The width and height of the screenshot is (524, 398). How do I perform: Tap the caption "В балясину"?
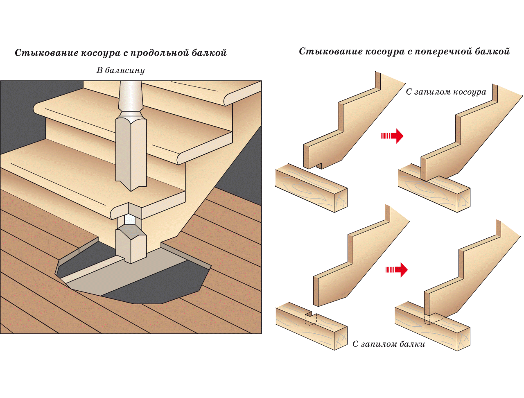tap(120, 70)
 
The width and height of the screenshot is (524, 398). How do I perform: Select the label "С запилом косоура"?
tap(446, 92)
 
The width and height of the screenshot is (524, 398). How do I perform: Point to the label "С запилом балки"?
tap(388, 344)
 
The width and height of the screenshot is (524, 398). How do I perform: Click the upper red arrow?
tap(392, 136)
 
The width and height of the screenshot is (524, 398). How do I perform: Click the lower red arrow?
tap(396, 269)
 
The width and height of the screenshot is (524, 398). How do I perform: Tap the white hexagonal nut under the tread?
tap(130, 219)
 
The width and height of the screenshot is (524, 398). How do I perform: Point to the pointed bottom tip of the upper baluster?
tap(131, 188)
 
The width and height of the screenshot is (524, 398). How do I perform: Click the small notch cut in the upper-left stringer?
tap(319, 166)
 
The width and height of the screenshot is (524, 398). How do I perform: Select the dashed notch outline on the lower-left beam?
tap(311, 319)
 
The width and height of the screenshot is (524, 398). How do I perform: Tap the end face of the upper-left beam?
tap(341, 201)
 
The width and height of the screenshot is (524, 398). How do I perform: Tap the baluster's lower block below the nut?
tap(131, 246)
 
